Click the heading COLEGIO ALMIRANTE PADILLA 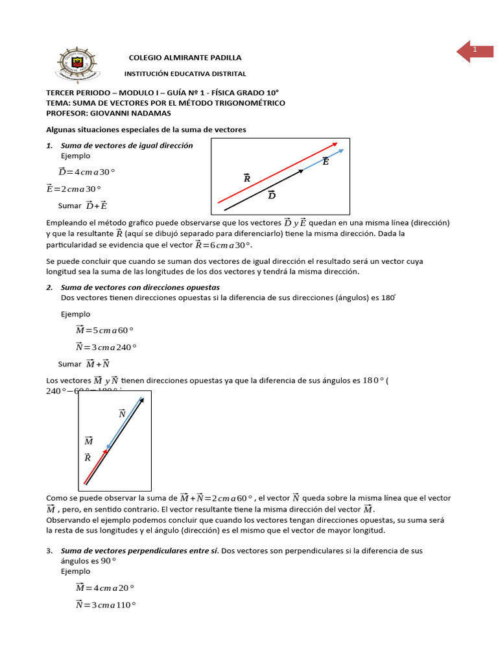click(185, 58)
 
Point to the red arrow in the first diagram click(277, 172)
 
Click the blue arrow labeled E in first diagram click(324, 160)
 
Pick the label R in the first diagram click(246, 178)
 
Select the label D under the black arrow click(272, 195)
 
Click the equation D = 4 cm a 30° click(86, 172)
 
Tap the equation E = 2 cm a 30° click(73, 189)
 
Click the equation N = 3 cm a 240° click(106, 346)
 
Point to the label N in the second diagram click(122, 413)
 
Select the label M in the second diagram click(89, 441)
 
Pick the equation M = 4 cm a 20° click(104, 587)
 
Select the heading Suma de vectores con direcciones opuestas click(140, 287)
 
